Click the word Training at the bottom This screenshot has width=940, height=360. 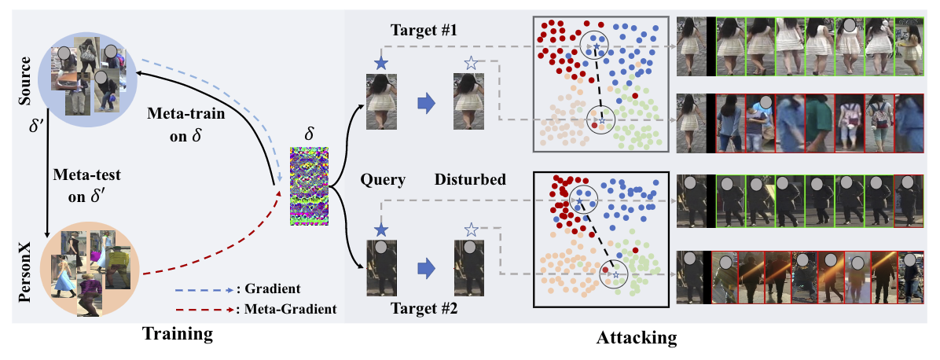coord(177,334)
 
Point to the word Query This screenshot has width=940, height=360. coord(383,179)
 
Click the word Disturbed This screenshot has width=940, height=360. coord(470,179)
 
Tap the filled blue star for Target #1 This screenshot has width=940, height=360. coord(381,63)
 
